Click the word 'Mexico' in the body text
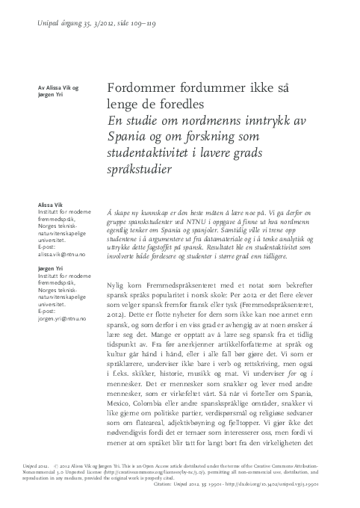[x=122, y=415]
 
